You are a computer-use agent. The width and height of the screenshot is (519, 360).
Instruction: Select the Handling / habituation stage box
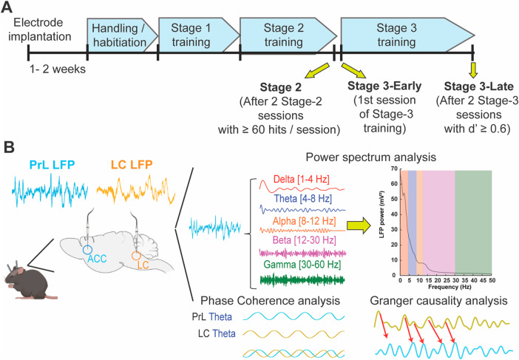click(x=122, y=33)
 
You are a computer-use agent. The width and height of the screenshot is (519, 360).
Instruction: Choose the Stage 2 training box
click(x=283, y=33)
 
